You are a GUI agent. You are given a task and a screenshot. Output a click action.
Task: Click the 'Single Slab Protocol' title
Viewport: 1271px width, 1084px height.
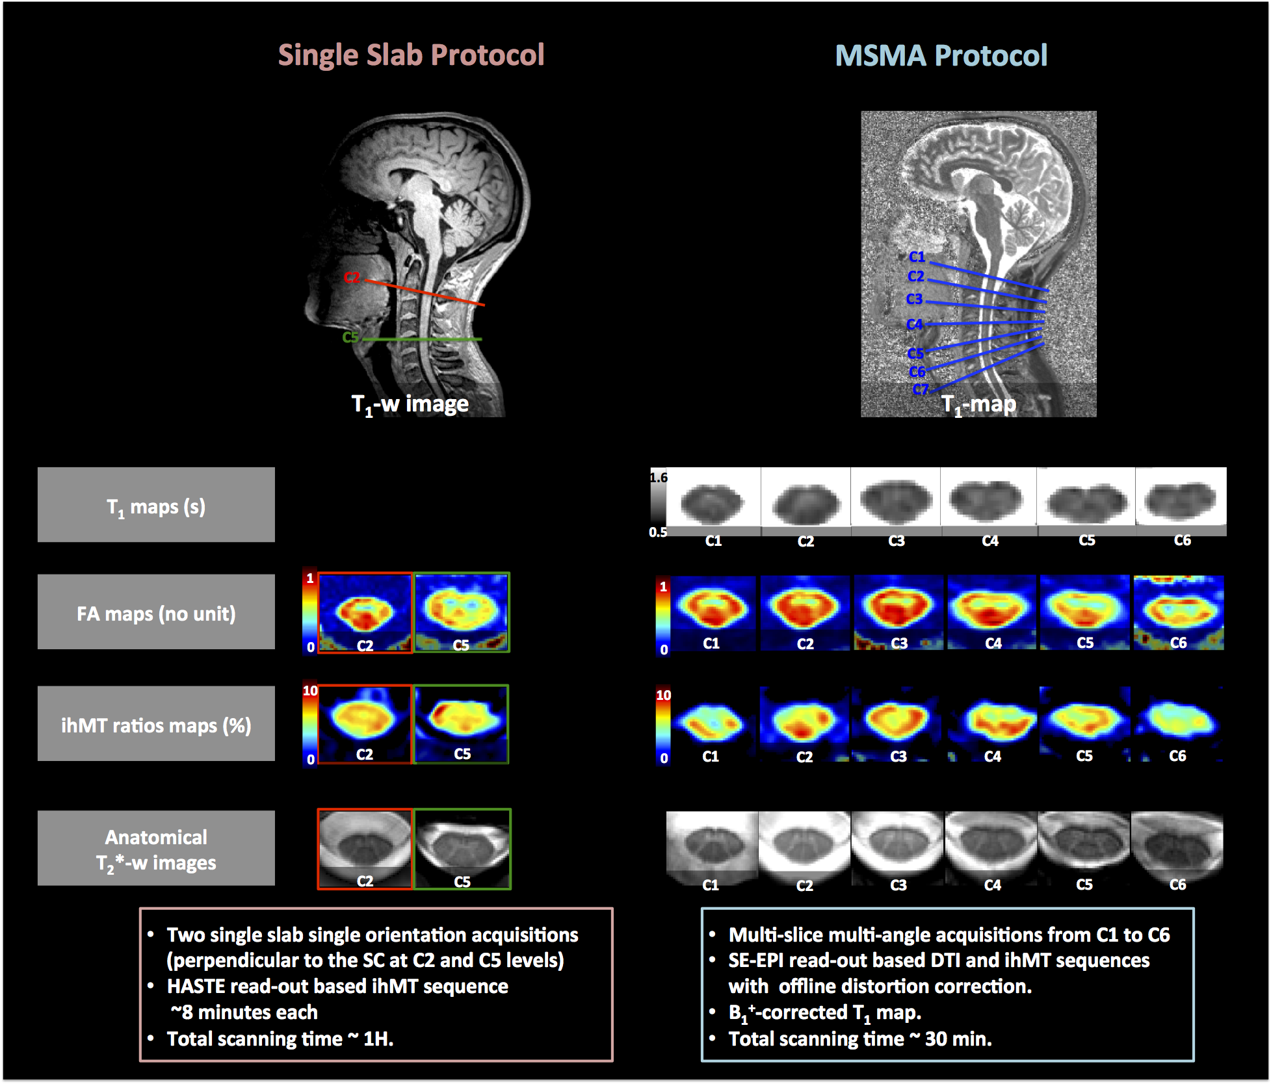coord(411,55)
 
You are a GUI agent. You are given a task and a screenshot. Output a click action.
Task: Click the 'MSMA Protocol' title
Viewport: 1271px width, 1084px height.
coord(941,56)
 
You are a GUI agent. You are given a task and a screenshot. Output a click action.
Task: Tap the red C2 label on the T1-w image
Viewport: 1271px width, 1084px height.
coord(352,277)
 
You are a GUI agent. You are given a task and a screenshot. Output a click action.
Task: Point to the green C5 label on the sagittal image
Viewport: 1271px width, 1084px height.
coord(350,337)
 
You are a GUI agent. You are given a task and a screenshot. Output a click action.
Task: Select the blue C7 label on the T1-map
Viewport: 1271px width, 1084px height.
coord(920,389)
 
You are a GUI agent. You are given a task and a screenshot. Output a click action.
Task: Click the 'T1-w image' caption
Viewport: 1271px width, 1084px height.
coord(410,404)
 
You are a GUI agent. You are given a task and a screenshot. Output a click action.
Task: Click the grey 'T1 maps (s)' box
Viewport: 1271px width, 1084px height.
coord(156,505)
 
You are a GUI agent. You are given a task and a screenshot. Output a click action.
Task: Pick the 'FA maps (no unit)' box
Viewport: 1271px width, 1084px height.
coord(156,612)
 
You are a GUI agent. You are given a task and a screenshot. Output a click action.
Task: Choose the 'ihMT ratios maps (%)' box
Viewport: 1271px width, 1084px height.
coord(156,724)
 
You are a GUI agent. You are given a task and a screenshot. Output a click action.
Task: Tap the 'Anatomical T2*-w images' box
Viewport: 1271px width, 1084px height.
coord(156,849)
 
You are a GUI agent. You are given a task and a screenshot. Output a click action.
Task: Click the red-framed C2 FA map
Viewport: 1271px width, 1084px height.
coord(365,613)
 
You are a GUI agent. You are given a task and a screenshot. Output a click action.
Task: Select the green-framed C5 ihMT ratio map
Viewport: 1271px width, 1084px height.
coord(462,724)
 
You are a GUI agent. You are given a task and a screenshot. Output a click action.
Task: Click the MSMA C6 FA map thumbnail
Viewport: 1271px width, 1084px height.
coord(1179,612)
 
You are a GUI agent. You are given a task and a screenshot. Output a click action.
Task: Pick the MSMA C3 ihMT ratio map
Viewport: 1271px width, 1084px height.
coord(898,723)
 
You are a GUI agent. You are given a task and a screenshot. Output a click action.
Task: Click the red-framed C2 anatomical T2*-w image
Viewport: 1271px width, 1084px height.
coord(365,848)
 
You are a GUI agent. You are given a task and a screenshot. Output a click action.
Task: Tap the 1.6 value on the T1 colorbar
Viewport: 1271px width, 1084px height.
coord(659,478)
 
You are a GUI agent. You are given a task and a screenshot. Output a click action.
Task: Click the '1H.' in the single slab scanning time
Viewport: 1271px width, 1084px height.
coord(378,1039)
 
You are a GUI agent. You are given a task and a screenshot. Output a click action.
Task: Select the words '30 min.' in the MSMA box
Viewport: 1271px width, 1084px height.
coord(958,1039)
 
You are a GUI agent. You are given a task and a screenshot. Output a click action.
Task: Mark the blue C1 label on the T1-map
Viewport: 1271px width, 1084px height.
coord(917,257)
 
